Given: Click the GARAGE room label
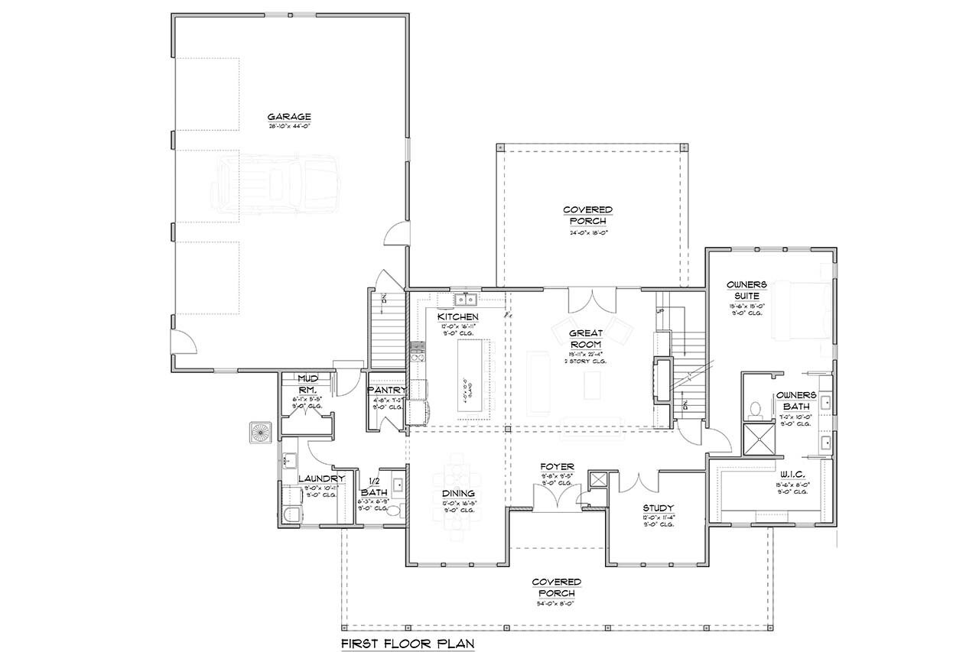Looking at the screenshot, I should pos(289,116).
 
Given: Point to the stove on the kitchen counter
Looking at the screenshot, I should pos(418,352).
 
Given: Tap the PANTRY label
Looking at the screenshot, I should pos(387,391).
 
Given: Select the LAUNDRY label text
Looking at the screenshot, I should pos(321,479).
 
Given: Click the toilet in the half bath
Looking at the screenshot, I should pos(395,511).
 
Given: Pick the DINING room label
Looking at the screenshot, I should pos(457,494).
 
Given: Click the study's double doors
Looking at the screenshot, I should pos(638,482).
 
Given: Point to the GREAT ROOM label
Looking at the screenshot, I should pos(587,339).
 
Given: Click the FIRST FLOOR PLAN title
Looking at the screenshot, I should pos(408,644).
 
